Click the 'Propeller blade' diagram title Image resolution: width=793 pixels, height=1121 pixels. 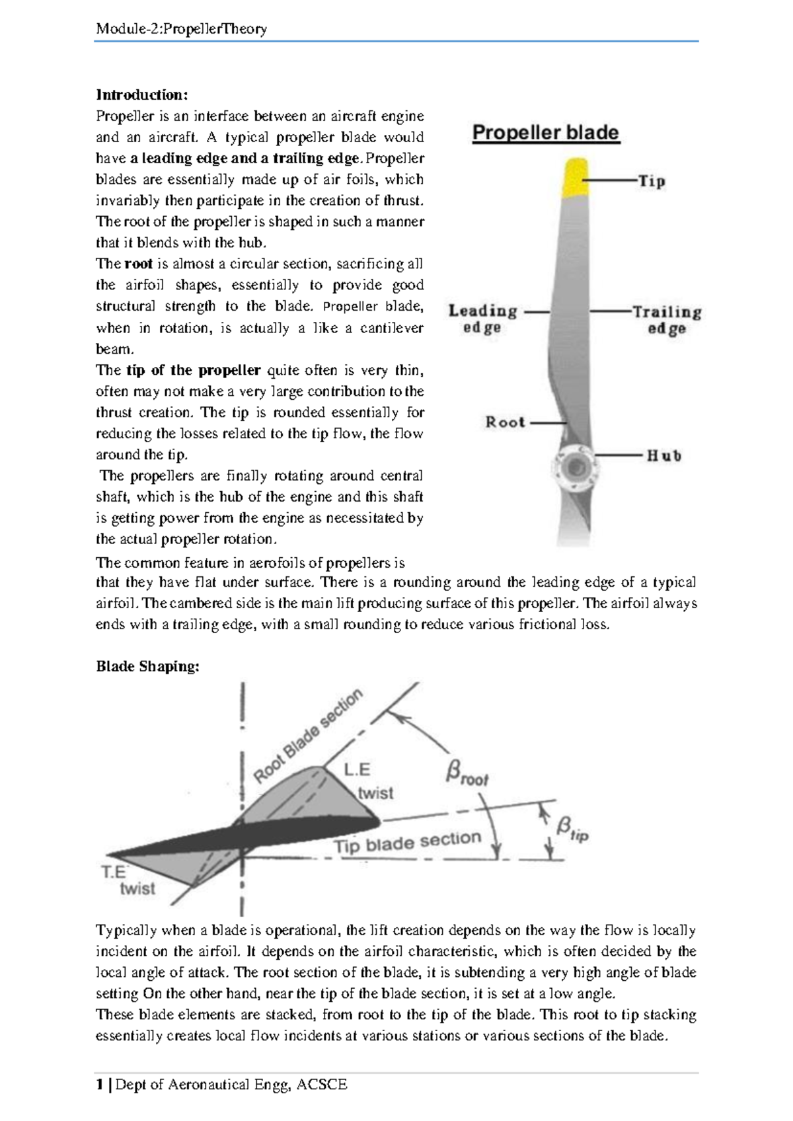(546, 133)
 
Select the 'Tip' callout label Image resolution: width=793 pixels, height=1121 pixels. (651, 181)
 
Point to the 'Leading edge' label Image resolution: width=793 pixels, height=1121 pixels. (482, 319)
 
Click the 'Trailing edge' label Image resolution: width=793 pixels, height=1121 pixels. (666, 319)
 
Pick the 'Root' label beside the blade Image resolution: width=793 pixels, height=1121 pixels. (505, 422)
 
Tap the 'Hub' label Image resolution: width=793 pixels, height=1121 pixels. (663, 455)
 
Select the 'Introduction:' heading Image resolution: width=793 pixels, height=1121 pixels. (142, 95)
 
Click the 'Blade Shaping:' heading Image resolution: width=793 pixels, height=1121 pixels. (147, 666)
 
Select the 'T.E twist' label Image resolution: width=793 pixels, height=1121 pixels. (129, 880)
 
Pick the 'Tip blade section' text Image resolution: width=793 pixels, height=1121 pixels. (407, 842)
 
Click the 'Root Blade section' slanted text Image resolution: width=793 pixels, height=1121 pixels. (308, 736)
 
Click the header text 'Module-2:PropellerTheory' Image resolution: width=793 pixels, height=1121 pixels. (181, 28)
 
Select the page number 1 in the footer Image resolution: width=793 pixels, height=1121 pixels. (99, 1085)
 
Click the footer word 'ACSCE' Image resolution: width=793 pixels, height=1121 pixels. (322, 1085)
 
